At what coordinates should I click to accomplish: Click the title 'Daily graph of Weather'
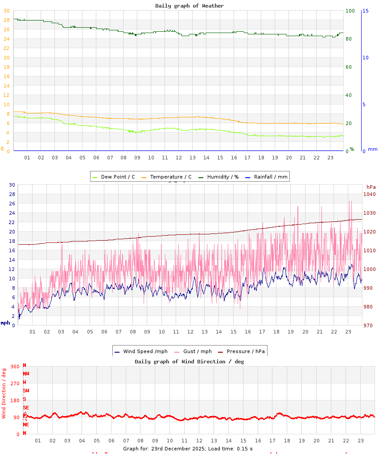(189, 6)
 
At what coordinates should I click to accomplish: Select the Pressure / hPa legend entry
(245, 351)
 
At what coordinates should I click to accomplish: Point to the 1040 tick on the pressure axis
(369, 194)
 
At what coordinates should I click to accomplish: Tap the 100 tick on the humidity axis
(350, 11)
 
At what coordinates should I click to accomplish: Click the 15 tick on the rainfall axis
(365, 11)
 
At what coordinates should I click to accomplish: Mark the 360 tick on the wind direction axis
(15, 367)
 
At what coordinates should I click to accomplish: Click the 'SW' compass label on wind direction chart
(26, 391)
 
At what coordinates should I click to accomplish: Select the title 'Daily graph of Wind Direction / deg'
(189, 362)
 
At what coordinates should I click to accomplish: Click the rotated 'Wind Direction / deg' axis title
(4, 393)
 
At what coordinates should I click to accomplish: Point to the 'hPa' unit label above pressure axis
(371, 187)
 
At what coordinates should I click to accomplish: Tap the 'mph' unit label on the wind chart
(5, 322)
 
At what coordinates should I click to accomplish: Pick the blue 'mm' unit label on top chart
(372, 149)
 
